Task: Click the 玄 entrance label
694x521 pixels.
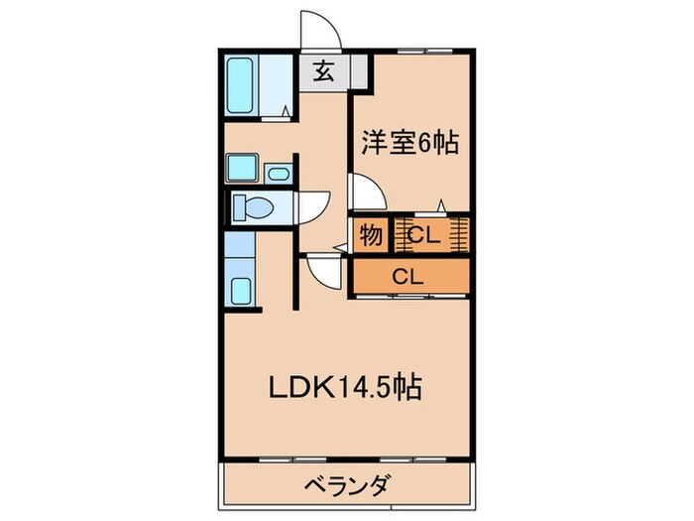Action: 323,70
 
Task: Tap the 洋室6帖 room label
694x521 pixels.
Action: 408,143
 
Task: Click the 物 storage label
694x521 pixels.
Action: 370,236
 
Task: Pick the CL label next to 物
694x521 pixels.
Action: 423,236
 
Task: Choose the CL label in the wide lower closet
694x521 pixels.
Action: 407,276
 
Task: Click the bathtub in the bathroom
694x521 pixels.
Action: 243,86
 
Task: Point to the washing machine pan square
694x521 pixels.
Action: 242,168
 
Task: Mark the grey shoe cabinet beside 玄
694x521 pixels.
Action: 358,70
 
